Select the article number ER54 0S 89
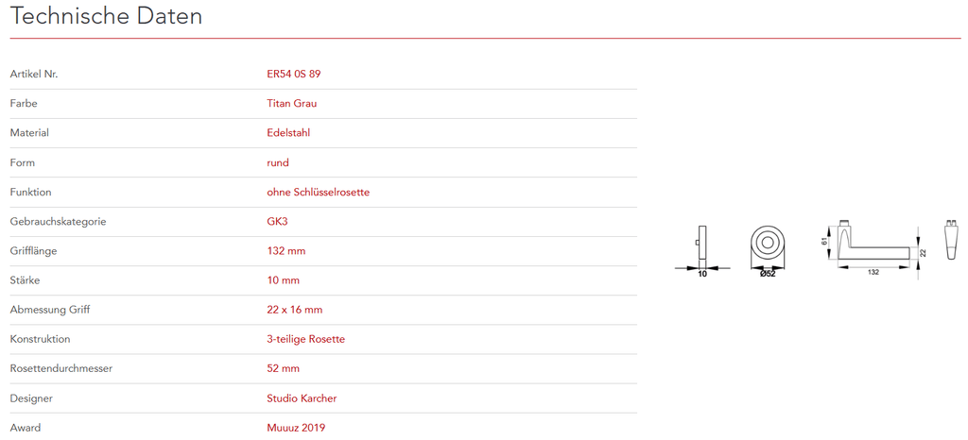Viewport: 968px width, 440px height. [300, 74]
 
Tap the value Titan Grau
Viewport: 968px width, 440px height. [292, 103]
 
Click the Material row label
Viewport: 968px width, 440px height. [29, 132]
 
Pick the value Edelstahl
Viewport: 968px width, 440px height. [288, 132]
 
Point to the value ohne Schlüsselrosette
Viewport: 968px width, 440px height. [318, 192]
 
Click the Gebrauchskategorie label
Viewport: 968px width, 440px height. [58, 221]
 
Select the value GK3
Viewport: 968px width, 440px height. [279, 221]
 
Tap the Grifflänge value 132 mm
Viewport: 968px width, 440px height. [286, 250]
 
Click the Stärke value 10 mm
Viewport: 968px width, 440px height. [284, 280]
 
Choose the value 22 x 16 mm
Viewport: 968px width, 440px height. [295, 310]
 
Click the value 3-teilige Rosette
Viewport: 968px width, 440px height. [305, 339]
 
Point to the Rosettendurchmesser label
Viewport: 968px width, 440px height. [60, 368]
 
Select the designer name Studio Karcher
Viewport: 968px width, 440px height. [302, 398]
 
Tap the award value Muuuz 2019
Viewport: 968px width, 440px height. [296, 428]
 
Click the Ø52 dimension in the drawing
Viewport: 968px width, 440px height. [767, 275]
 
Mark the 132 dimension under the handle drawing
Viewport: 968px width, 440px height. [873, 272]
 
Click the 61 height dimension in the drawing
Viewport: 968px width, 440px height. [825, 242]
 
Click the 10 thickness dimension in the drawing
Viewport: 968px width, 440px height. [701, 275]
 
